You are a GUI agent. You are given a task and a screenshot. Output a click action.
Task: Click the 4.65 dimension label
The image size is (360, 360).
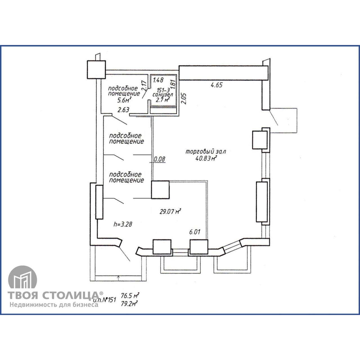pos(217,85)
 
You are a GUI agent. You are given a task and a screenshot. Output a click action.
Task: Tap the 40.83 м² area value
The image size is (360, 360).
pos(206,158)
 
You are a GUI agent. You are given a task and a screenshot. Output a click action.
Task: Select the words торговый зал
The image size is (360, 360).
pos(206,151)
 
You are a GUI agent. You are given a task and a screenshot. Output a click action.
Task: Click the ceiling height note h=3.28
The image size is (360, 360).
pos(123,224)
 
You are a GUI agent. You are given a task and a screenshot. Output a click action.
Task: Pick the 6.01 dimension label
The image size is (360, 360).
pos(195,232)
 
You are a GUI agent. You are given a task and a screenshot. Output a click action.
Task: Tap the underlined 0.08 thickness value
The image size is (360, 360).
pos(159,159)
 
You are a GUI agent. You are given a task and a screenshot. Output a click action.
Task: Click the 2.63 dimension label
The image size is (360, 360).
pos(123,110)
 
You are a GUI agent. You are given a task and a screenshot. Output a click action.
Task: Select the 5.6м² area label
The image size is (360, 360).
pos(124,100)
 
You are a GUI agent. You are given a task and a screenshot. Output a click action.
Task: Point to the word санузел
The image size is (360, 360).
pos(163,94)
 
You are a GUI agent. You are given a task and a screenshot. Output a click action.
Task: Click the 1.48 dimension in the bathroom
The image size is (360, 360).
pos(158,80)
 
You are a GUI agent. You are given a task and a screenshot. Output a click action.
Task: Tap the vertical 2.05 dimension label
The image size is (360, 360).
pos(184,98)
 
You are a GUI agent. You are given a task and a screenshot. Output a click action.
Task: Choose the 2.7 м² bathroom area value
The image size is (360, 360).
pos(163,100)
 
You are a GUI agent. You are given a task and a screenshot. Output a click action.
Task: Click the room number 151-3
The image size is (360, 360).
pos(163,90)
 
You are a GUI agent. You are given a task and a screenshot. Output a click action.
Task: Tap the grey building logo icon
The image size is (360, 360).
pos(22,280)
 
